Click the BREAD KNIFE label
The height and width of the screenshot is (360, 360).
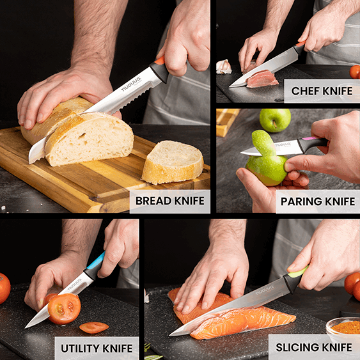[x=170, y=201]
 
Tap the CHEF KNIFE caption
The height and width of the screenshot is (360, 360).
[x=322, y=91]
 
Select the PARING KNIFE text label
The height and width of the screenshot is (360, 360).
[x=317, y=201]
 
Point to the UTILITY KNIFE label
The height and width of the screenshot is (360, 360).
[x=97, y=348]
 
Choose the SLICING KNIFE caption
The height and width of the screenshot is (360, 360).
[x=313, y=347]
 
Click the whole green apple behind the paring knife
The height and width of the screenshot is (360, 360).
[x=274, y=120]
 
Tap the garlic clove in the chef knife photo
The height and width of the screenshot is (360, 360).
[x=224, y=67]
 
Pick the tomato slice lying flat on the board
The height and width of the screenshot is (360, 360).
[x=94, y=327]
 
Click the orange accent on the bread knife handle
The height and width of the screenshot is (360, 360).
[x=159, y=61]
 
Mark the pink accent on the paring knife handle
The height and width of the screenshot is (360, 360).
[x=312, y=139]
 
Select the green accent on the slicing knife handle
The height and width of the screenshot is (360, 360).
[x=295, y=272]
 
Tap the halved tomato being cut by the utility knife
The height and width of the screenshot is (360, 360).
[x=64, y=308]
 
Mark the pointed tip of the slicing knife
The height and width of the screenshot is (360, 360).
[x=171, y=333]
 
